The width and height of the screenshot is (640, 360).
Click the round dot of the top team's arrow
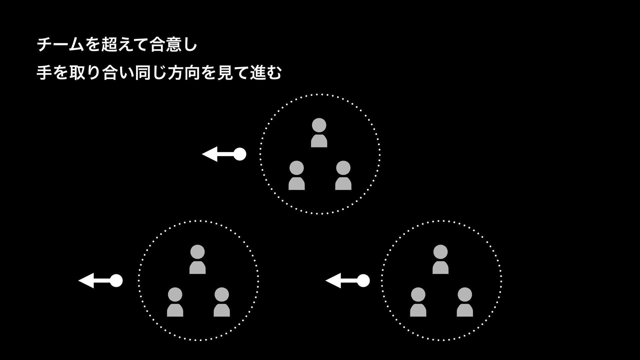click(x=240, y=154)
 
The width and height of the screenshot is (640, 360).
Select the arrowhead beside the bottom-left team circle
click(x=86, y=281)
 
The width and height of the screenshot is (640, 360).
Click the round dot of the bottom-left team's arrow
click(x=116, y=281)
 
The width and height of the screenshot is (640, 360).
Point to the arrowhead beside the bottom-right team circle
click(x=333, y=281)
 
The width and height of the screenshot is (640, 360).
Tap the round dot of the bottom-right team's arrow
click(x=363, y=281)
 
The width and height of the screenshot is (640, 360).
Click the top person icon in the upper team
click(x=319, y=133)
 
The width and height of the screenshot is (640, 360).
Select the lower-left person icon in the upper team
click(x=296, y=175)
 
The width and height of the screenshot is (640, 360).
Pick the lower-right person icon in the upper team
click(x=343, y=175)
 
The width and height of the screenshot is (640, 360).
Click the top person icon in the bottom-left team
click(x=197, y=259)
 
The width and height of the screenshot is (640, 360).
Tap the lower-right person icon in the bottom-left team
click(x=222, y=302)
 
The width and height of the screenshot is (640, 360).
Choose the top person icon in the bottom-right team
click(x=440, y=259)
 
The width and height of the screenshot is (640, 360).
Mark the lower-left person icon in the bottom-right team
click(x=418, y=302)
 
